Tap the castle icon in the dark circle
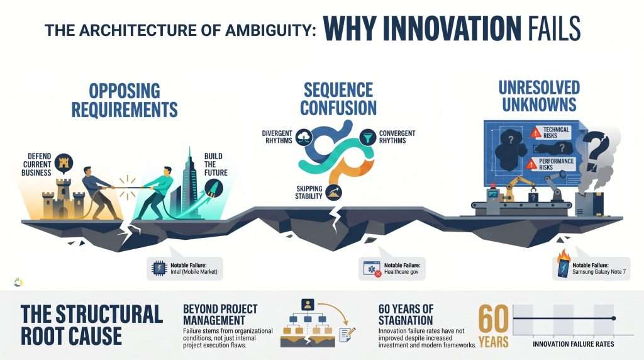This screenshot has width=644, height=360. tap(64, 163)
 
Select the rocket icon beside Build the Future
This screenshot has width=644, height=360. tap(214, 188)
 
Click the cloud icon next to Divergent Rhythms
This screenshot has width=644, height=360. tap(304, 137)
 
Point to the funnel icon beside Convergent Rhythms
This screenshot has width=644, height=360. tap(368, 137)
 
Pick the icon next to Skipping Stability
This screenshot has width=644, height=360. tap(333, 192)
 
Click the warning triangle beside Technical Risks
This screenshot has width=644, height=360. tap(536, 132)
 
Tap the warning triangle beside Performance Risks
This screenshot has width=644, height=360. tap(531, 164)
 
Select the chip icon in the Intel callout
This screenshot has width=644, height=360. tap(159, 268)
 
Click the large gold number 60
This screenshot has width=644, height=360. tap(493, 319)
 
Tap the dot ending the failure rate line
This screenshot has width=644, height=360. tap(614, 318)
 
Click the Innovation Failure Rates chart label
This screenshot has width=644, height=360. tap(574, 344)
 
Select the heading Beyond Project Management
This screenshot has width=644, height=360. tap(221, 315)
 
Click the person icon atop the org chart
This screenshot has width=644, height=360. tap(308, 305)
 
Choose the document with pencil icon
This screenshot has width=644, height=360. tap(347, 334)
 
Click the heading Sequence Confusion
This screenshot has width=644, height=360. tap(338, 99)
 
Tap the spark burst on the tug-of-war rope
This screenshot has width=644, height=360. tap(127, 187)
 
